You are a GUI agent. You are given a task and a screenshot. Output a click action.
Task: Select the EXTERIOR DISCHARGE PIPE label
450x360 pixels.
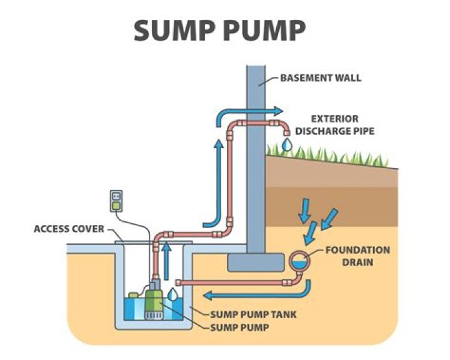point(327,124)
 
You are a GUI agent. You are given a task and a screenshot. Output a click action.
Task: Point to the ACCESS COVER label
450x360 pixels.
point(69,229)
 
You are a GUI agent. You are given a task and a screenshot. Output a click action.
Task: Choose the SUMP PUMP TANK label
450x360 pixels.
point(254,314)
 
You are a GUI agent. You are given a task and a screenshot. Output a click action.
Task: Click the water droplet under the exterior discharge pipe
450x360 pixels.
point(286,144)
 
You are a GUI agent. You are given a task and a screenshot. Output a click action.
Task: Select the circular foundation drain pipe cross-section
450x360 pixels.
point(299,260)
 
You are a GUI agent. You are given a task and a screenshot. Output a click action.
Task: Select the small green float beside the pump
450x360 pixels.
point(133,292)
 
